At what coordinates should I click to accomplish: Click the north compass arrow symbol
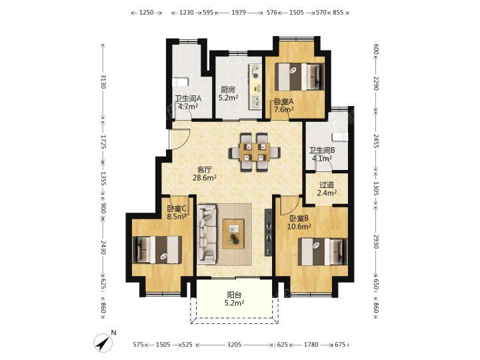coord(104,342)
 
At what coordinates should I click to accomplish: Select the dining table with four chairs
coord(254,152)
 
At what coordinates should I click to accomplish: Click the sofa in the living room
coord(207,235)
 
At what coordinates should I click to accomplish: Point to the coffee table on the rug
coord(233,234)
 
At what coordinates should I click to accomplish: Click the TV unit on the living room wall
coord(269,233)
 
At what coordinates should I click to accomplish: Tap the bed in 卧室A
coord(299,77)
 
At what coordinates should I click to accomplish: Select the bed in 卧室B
coord(323,251)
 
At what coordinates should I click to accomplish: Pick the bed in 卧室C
coord(157,250)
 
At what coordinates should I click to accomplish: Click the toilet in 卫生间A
coord(180,83)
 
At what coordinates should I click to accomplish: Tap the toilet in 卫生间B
coord(340,137)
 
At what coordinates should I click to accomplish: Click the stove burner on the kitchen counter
coord(255,71)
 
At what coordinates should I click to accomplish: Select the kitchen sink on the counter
coord(255,102)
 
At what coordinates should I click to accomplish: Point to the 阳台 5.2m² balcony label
coord(235,299)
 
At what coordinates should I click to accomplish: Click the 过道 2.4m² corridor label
coord(327,189)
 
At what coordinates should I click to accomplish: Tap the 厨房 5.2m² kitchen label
coord(228,94)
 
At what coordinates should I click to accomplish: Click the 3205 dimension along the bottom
coord(234,345)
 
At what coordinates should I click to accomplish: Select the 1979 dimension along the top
coord(239,13)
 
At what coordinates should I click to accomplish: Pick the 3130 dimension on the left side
coord(103,81)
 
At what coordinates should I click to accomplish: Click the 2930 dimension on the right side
coord(376,242)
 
